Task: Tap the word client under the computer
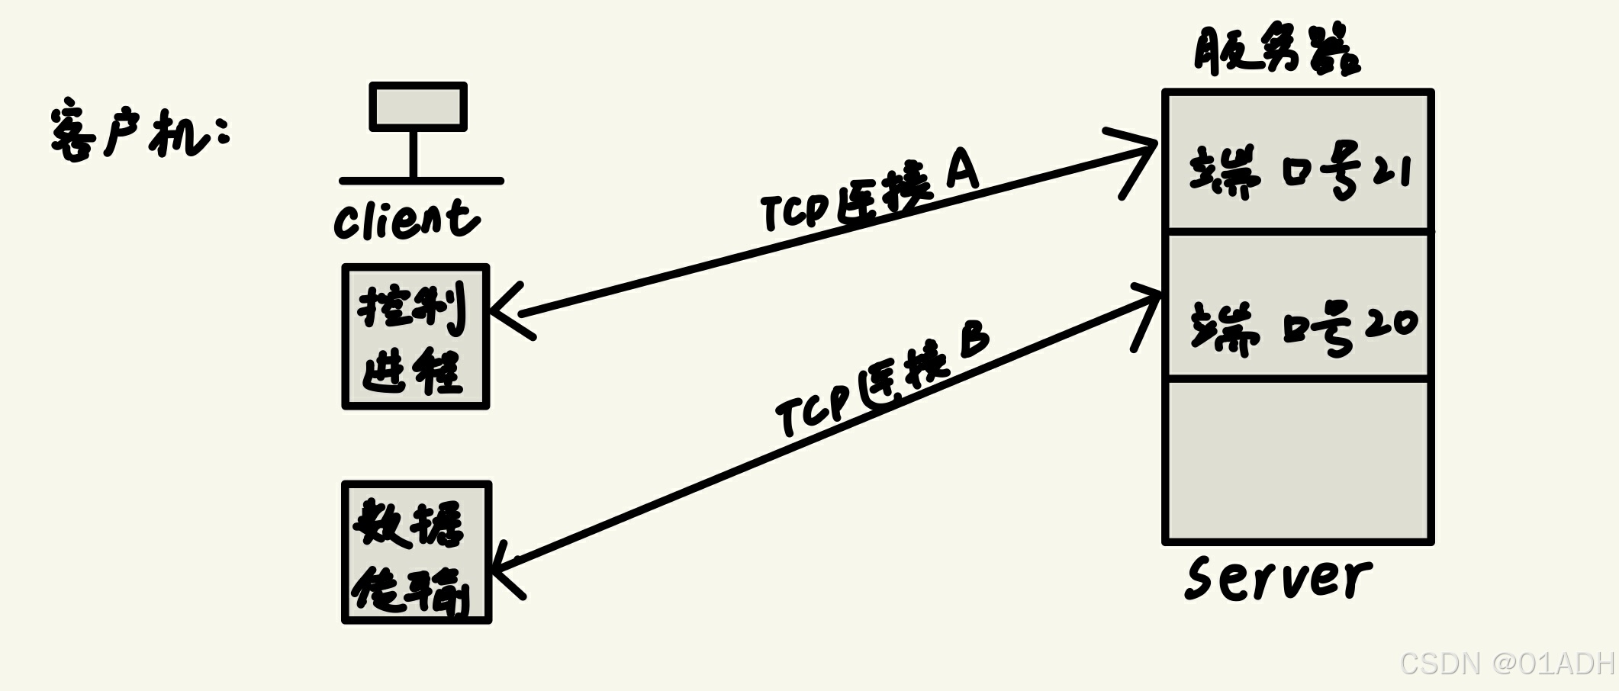[x=407, y=220]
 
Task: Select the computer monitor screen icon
[x=418, y=107]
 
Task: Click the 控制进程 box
[x=415, y=337]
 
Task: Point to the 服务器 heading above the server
[x=1276, y=50]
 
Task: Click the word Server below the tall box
[x=1278, y=577]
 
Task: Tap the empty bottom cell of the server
[x=1298, y=461]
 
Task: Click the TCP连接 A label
[x=870, y=195]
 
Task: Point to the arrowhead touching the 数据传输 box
[x=504, y=567]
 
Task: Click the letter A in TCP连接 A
[x=962, y=169]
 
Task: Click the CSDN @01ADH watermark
[x=1508, y=663]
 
